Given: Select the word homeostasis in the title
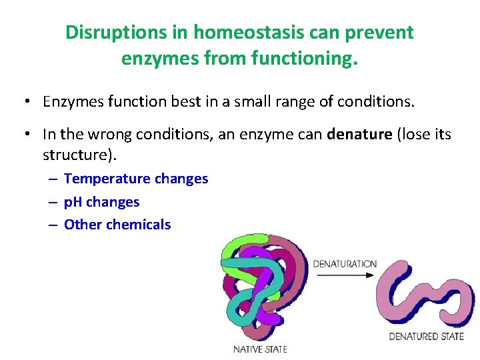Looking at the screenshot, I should pos(227,33).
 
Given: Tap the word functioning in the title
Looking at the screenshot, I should pos(307,59).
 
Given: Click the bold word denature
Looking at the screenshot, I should pos(359,134).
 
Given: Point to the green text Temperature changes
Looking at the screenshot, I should pos(136,179).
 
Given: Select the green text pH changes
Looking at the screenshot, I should pos(101,201).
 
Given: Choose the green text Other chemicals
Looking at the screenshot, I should pos(117,225).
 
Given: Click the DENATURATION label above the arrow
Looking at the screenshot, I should pos(345,264).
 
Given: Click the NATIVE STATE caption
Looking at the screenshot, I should pos(259,349).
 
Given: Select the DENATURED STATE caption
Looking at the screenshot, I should pos(426,336).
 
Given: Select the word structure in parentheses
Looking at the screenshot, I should pos(73,155).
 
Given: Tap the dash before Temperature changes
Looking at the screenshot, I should pos(53,179).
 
